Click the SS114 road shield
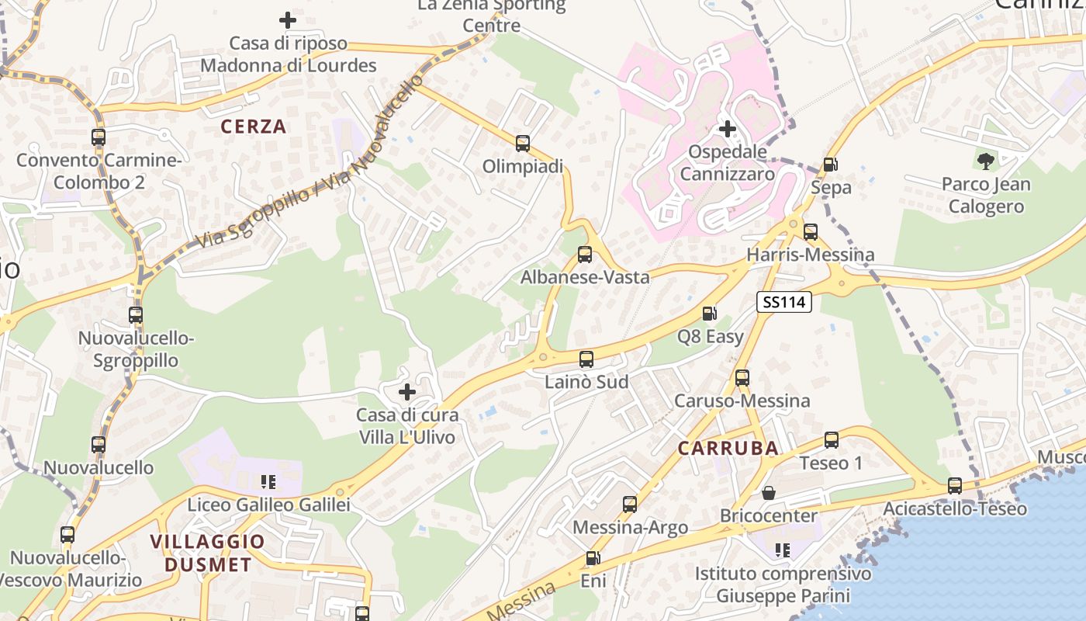point(784,302)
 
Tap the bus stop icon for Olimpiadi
point(523,144)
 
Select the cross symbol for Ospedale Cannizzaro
point(728,129)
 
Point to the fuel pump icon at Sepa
point(830,165)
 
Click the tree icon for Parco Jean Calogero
point(986,161)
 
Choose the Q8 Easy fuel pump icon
point(709,314)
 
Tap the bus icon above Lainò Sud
point(586,359)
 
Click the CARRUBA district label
point(728,448)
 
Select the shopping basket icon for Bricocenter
point(769,493)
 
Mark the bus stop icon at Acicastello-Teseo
point(955,486)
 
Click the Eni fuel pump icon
point(593,558)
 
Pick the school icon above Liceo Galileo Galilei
point(268,482)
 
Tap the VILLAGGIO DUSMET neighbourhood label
point(208,553)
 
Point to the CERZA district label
point(254,127)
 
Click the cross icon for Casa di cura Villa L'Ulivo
point(407,392)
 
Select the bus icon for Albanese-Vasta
point(585,255)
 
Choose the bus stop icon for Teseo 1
point(832,440)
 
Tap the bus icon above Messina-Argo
point(630,505)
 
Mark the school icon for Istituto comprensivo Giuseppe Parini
point(783,550)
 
